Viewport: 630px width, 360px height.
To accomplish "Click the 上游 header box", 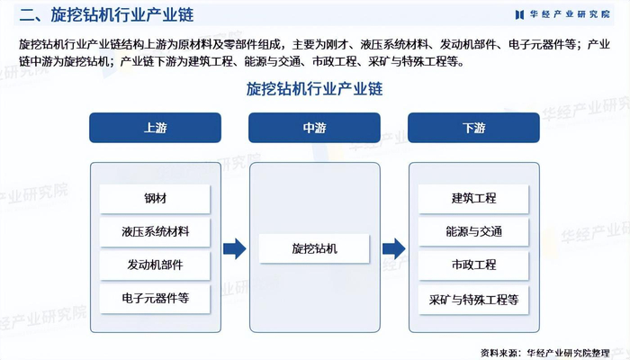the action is (155, 128).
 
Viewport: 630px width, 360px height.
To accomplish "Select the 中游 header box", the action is (314, 128).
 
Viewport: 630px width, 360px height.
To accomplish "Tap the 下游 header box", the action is (473, 128).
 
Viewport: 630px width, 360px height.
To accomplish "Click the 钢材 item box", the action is (155, 199).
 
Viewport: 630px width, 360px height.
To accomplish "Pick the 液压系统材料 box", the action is (155, 232).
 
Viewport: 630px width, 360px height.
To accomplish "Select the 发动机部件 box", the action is (155, 265).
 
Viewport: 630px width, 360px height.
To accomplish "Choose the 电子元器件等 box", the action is (155, 299).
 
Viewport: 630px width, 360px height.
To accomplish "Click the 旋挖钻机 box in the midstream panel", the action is (314, 248).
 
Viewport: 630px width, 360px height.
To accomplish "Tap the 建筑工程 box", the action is (473, 199).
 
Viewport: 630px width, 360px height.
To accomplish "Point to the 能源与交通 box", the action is (473, 232).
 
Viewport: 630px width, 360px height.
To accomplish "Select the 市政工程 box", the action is (473, 265).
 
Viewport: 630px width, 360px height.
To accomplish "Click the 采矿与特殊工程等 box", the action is (473, 300).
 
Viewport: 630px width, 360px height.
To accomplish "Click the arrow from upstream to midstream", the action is (235, 248).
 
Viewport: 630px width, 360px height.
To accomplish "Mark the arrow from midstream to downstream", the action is (394, 248).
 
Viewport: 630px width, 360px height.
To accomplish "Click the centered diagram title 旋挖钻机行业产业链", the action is (314, 89).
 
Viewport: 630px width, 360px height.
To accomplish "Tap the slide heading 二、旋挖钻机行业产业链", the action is (106, 15).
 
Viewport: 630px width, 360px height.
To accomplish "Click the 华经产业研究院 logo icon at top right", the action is (519, 15).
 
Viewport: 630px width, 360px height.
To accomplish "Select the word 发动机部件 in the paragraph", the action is (468, 45).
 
